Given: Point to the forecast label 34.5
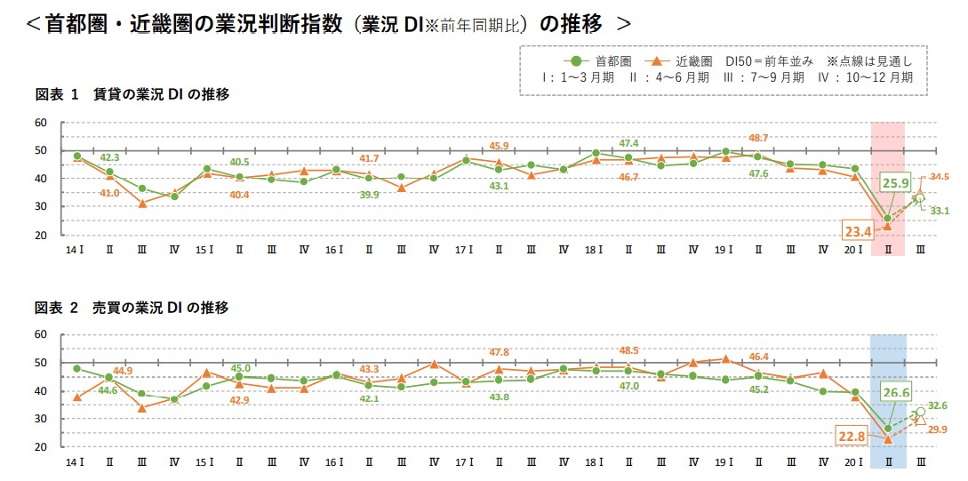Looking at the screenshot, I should (940, 178).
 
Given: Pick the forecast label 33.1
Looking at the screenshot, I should (940, 211).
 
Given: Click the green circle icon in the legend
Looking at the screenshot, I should (575, 61).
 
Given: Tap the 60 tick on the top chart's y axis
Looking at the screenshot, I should (41, 122).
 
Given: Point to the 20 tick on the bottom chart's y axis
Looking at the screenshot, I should (41, 447).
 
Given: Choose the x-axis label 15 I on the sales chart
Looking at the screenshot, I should (204, 463).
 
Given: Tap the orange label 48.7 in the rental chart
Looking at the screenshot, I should (758, 138).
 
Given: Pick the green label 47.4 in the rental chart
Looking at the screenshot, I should (628, 142).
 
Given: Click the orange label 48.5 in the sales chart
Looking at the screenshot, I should (628, 350).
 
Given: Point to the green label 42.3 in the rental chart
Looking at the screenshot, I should (110, 157).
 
